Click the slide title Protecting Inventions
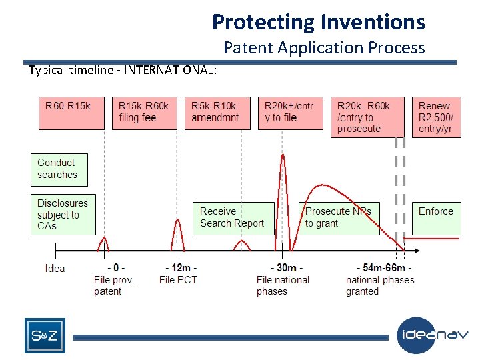(x=318, y=22)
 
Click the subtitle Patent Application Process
(x=324, y=47)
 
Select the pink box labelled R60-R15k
(x=71, y=112)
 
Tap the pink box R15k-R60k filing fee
(x=143, y=112)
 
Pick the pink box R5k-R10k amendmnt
(x=217, y=112)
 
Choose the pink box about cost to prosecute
(x=367, y=117)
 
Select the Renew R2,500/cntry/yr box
(x=435, y=117)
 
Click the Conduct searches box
(x=59, y=169)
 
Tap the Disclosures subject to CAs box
(x=63, y=215)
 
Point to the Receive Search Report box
(x=233, y=218)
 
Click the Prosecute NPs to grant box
(x=339, y=218)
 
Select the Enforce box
(x=436, y=218)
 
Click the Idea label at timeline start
(x=55, y=268)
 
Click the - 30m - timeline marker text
(x=287, y=267)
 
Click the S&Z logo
(x=45, y=335)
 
